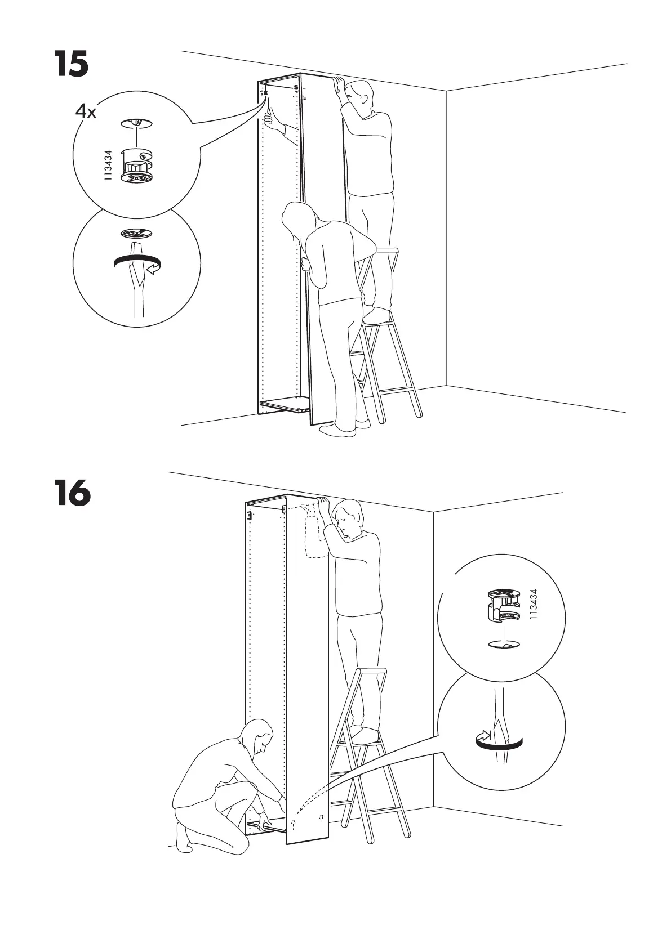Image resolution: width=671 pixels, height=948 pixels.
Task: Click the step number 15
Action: coord(72,64)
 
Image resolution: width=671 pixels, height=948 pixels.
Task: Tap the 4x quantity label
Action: coord(86,112)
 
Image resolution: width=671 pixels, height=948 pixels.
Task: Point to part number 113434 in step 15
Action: coord(108,165)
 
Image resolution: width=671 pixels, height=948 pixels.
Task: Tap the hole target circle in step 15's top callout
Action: coord(135,123)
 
